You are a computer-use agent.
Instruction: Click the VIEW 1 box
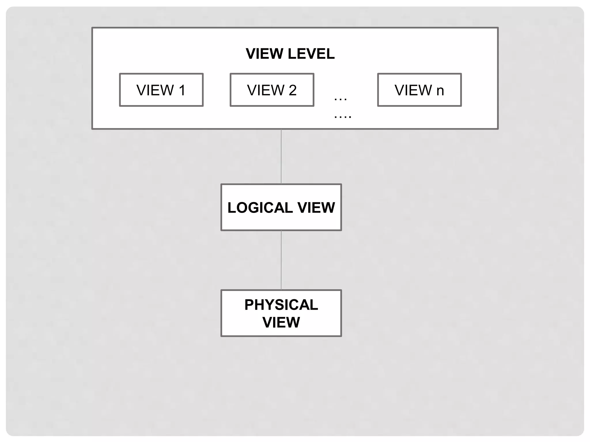(x=161, y=90)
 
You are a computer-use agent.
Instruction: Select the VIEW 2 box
(x=272, y=90)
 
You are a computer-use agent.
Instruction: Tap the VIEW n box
(x=419, y=90)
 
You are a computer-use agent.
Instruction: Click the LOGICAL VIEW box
(x=281, y=207)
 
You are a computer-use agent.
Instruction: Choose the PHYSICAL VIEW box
(x=281, y=313)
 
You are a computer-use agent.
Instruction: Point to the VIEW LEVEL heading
(x=290, y=54)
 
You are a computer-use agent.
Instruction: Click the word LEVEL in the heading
(x=311, y=54)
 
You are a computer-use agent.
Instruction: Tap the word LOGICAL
(x=260, y=208)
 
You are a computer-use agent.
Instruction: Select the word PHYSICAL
(x=281, y=305)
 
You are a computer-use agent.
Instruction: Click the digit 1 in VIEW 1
(x=182, y=90)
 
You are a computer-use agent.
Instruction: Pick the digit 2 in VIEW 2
(x=292, y=90)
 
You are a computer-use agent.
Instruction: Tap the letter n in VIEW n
(x=440, y=91)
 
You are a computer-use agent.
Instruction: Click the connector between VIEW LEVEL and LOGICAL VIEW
(x=281, y=157)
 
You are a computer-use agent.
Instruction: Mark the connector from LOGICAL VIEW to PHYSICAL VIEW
(x=281, y=260)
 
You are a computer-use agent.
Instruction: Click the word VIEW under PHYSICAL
(x=281, y=322)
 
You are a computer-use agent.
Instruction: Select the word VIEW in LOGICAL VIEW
(x=316, y=208)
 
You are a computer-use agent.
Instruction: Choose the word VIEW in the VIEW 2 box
(x=266, y=90)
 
